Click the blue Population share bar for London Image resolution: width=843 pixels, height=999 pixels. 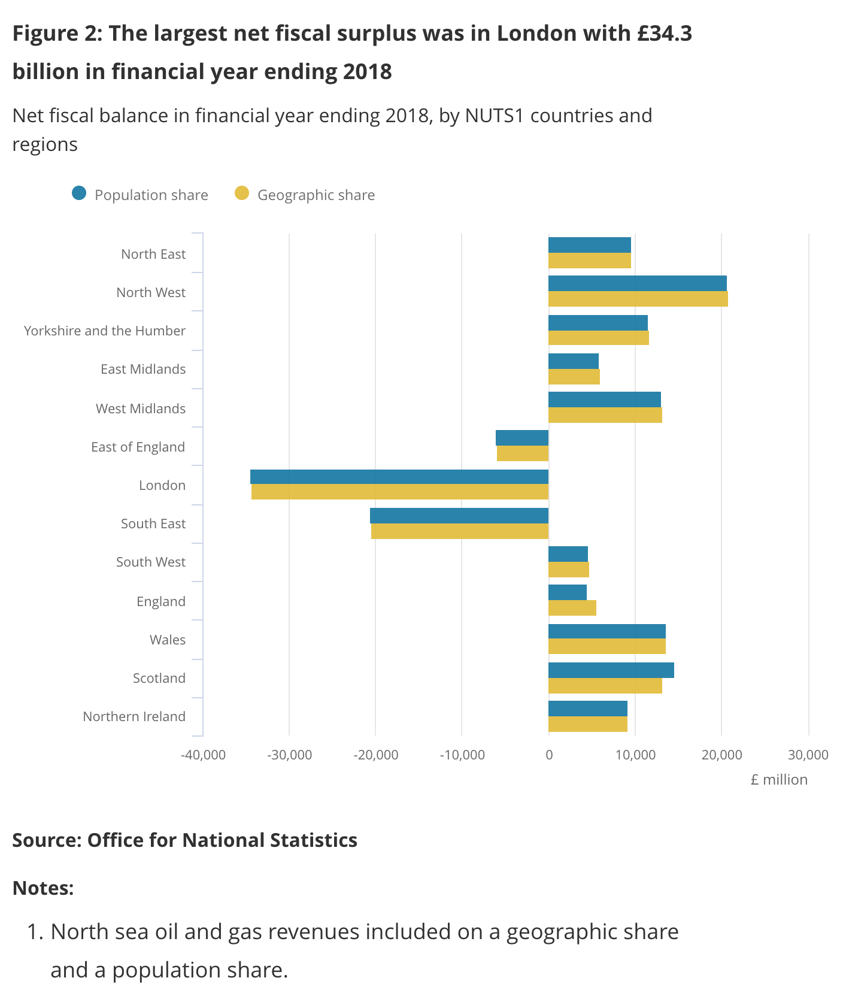tap(399, 477)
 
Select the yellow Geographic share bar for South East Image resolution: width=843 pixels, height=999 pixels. tap(459, 531)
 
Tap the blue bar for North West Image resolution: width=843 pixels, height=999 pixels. tap(637, 283)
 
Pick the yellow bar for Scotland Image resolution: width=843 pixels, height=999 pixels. tap(605, 686)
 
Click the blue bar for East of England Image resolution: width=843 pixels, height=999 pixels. tap(521, 438)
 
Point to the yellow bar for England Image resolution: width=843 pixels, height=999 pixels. tap(572, 608)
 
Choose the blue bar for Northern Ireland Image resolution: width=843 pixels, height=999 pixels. tap(587, 709)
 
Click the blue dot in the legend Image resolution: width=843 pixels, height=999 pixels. tap(79, 193)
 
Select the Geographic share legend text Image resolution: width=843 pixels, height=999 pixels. tap(316, 195)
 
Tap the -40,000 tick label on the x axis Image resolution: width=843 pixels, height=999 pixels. tap(203, 755)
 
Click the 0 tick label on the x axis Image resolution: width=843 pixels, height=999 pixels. tap(548, 755)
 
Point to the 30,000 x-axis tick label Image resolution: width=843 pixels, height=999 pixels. tap(808, 755)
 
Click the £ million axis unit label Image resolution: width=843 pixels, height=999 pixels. tap(778, 780)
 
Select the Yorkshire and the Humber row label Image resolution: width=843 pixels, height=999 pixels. tap(105, 331)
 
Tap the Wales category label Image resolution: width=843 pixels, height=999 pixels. tap(168, 640)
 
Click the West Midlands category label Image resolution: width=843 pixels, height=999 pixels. tap(141, 408)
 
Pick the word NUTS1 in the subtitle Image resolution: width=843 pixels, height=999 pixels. tap(495, 115)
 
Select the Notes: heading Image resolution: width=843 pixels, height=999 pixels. tap(43, 888)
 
